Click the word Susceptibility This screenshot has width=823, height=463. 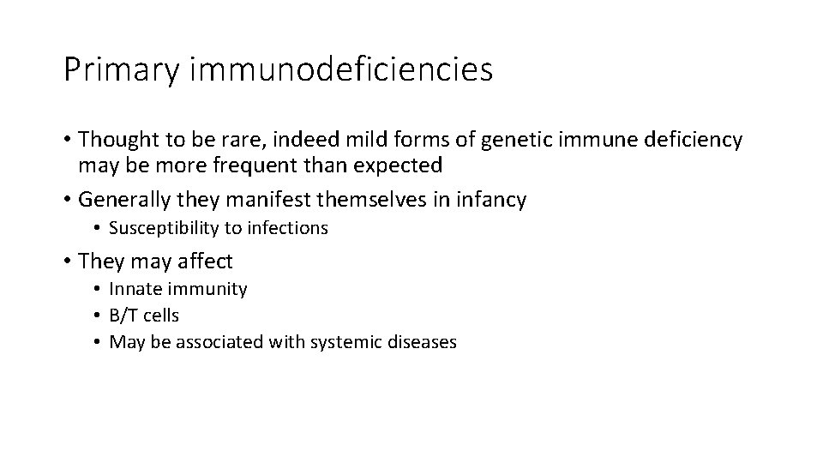(160, 228)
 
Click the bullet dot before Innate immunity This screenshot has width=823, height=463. (99, 289)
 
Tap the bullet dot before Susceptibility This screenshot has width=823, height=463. (99, 228)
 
